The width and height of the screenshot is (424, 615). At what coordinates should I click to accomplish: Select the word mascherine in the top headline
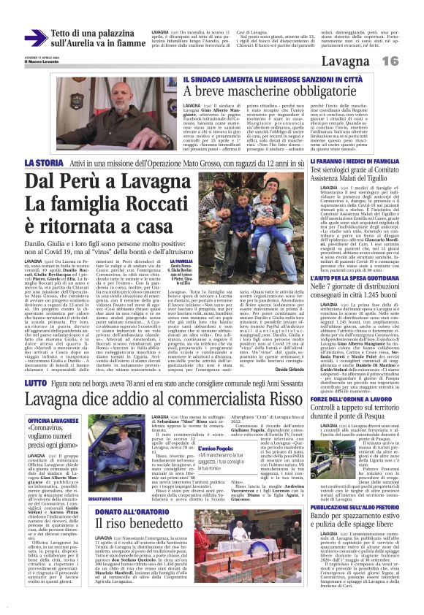tap(246, 91)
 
